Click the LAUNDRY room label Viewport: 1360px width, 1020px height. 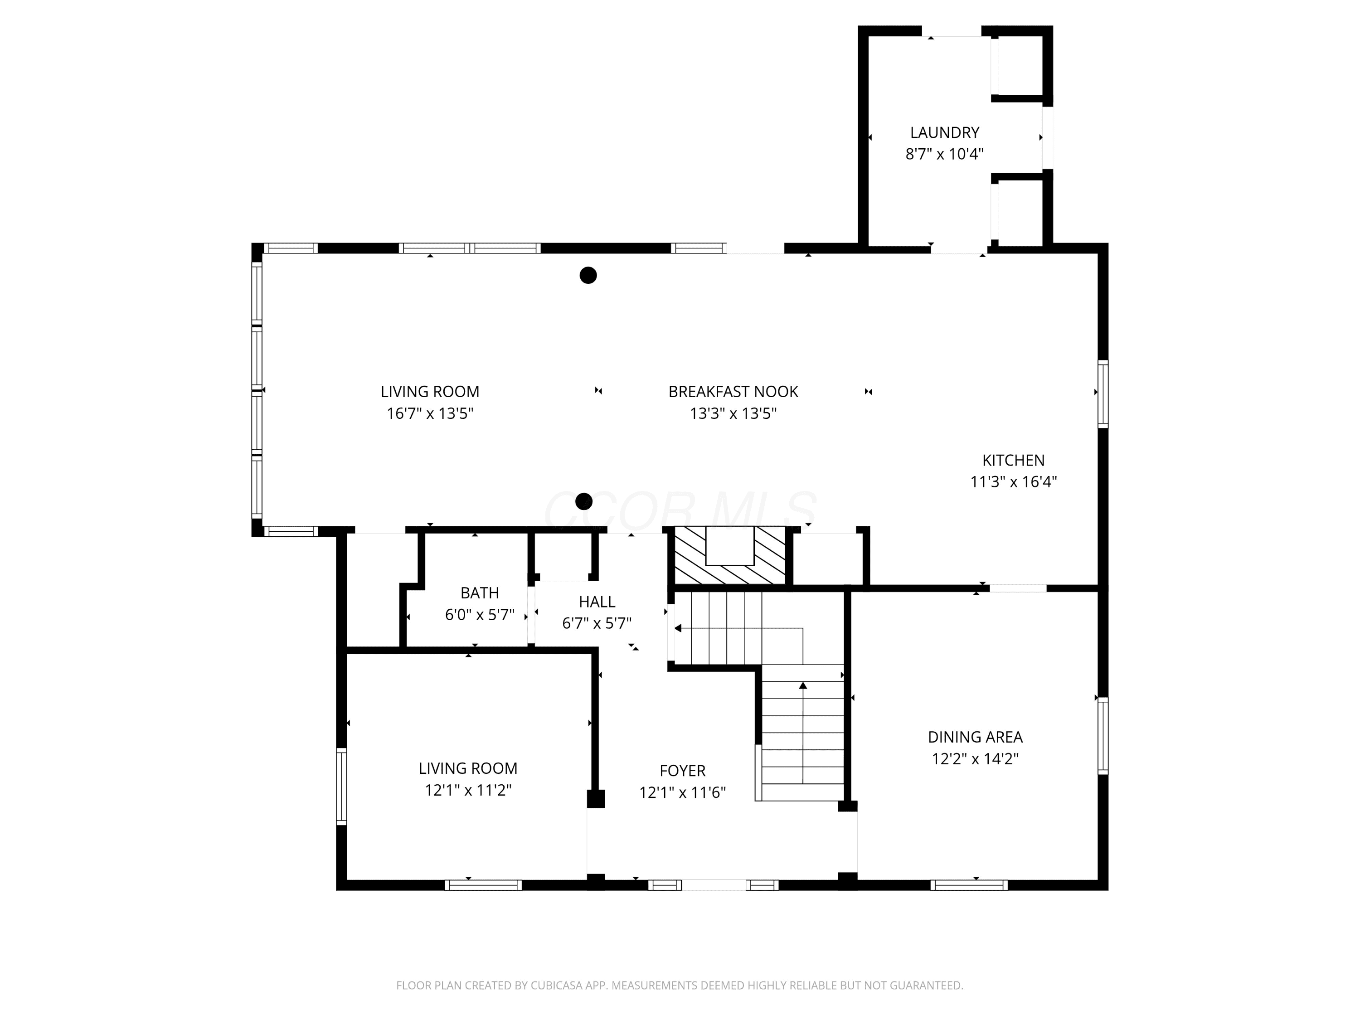(944, 132)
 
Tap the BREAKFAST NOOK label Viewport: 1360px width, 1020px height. (733, 392)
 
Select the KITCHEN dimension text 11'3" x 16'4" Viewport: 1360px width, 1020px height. (1013, 481)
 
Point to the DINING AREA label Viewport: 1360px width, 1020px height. (975, 737)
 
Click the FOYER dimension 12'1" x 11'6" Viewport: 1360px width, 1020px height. (682, 792)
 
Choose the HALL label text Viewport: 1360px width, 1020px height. (597, 601)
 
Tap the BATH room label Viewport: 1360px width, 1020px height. (480, 593)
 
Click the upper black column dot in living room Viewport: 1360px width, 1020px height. (588, 276)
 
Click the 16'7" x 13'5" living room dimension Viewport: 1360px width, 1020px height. (430, 413)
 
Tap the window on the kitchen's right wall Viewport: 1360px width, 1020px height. (1103, 393)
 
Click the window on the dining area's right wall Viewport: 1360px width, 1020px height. (1103, 735)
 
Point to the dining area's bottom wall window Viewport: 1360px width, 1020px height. (968, 885)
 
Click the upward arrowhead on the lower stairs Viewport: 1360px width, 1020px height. (803, 685)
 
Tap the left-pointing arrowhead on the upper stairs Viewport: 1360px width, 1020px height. (678, 628)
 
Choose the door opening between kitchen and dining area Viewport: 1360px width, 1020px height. (1018, 588)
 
